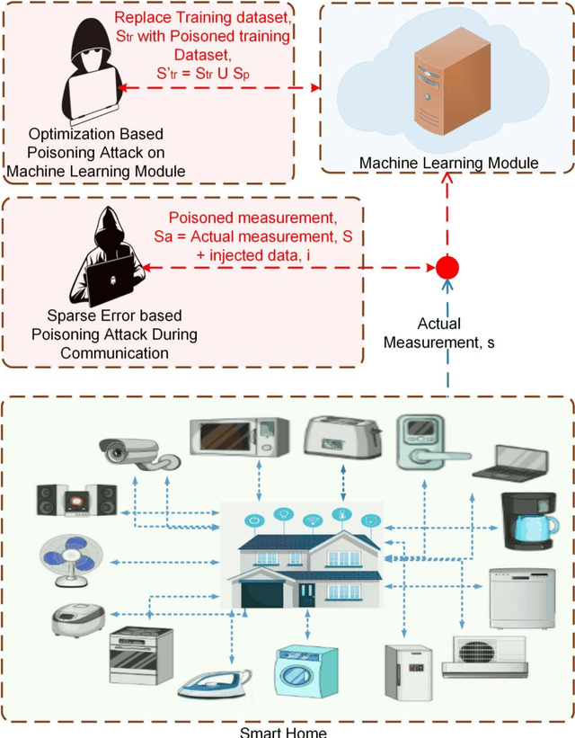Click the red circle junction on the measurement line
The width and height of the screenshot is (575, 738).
[x=447, y=268]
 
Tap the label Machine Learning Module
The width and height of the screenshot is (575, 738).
[x=448, y=163]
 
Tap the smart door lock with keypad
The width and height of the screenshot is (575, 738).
[x=420, y=440]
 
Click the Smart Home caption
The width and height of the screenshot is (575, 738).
[x=282, y=731]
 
